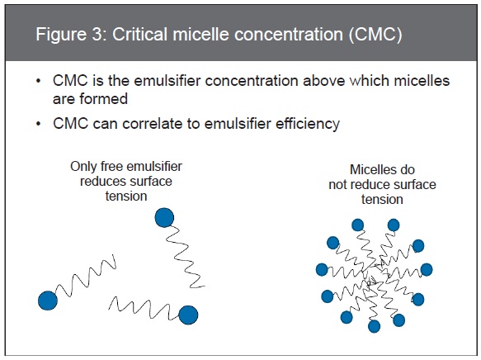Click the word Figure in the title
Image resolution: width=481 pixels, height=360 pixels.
point(61,35)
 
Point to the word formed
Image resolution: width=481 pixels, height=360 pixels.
point(103,99)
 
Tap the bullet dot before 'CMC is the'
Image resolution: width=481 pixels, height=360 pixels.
point(38,81)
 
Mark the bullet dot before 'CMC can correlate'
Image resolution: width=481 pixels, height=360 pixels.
point(38,124)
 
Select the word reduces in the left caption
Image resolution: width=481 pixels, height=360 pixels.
point(101,181)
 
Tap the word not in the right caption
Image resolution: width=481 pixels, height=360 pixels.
point(337,185)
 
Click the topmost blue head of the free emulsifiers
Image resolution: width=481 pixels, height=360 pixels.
point(164,218)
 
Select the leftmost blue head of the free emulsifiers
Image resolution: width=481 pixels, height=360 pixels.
point(48,301)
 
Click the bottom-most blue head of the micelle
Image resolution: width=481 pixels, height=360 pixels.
point(374,326)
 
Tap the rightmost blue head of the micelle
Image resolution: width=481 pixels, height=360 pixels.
point(427,269)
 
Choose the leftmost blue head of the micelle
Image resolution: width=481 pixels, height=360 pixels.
point(322,269)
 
